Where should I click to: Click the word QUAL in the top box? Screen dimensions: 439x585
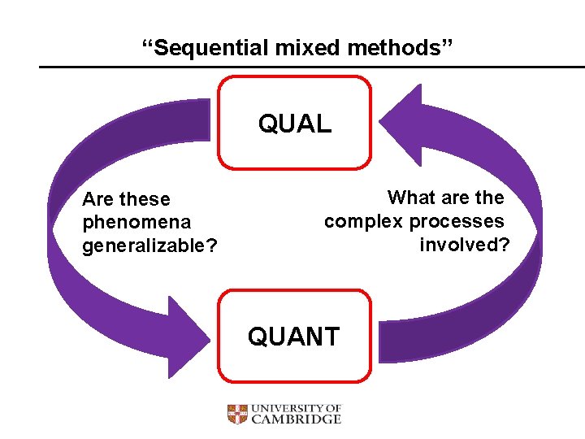pos(295,124)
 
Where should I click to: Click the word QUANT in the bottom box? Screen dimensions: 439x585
pos(294,337)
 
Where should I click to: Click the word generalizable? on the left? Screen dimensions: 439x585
pos(149,245)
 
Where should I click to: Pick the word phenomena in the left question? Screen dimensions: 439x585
pos(136,222)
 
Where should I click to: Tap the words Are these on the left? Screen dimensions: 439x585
pos(127,199)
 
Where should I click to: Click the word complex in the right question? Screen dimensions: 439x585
pos(363,221)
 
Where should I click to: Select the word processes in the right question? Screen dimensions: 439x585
pos(457,221)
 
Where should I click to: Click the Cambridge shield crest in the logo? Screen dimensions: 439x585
pos(236,415)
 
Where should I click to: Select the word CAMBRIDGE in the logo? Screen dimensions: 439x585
pos(296,419)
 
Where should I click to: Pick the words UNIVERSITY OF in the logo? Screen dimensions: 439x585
pos(296,408)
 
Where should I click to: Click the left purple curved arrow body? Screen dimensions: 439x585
pos(65,244)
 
